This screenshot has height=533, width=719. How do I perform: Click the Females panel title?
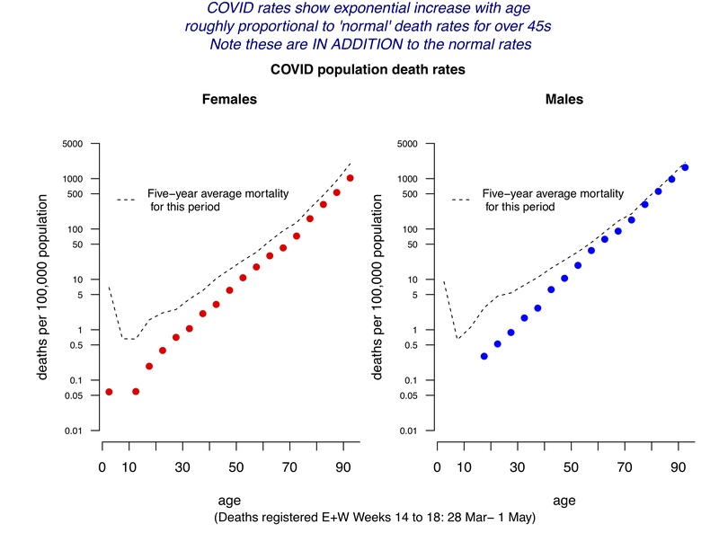pos(228,100)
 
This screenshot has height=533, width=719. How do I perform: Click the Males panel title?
pos(564,100)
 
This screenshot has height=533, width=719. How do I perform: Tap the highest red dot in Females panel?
pos(351,178)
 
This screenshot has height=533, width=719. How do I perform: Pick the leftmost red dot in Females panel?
pos(109,392)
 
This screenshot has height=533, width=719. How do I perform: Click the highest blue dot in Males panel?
pos(685,167)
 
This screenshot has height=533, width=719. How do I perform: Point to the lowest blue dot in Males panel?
pos(484,356)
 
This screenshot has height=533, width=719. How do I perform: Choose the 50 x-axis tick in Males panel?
pos(571,467)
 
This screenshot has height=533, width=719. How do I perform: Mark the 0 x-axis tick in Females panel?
pos(102,467)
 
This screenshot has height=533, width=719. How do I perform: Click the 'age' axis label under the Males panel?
pos(564,500)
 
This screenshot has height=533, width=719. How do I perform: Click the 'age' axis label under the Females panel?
pos(228,500)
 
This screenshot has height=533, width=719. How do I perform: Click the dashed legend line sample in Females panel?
pos(126,200)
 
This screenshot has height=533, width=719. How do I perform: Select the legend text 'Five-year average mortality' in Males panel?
pos(552,193)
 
